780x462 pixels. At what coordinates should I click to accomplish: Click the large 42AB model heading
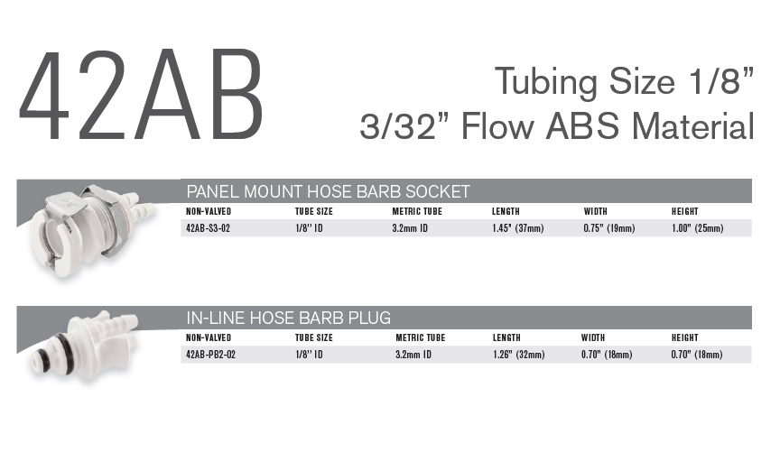point(141,95)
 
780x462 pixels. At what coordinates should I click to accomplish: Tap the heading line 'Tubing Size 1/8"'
point(625,81)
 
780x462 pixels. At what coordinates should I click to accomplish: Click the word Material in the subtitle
point(693,126)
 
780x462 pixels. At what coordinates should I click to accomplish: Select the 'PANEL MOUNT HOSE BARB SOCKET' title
point(328,191)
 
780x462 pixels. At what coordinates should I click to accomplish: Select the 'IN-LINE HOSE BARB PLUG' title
point(289,318)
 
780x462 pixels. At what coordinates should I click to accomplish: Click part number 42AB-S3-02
point(208,228)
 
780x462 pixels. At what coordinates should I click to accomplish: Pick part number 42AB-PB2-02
point(210,355)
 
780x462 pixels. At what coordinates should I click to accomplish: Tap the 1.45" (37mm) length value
point(518,228)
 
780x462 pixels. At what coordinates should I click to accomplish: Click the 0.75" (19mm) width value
point(609,228)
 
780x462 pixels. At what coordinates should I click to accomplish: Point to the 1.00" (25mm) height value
point(698,228)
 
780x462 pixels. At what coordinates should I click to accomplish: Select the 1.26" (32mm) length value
point(519,355)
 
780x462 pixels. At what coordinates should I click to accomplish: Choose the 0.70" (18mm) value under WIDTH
point(607,355)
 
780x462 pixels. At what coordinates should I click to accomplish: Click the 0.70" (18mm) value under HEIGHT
point(697,355)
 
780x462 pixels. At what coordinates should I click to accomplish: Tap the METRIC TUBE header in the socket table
point(417,211)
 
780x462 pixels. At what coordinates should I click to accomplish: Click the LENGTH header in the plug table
point(506,337)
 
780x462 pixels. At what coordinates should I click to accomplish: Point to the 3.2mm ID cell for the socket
point(410,228)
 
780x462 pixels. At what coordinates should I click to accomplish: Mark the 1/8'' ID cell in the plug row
point(309,355)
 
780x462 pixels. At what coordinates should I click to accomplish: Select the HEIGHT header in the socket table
point(685,211)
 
